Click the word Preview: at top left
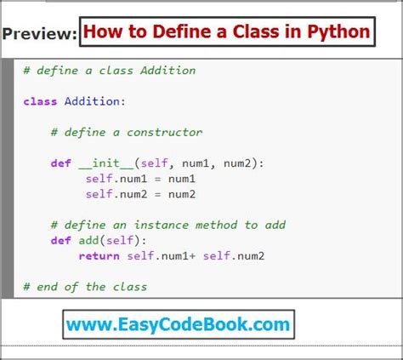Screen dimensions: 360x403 tap(39, 35)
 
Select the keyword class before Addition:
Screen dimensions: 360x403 tap(41, 101)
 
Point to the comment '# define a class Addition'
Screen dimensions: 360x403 tap(110, 71)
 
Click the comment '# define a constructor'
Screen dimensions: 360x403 tap(127, 132)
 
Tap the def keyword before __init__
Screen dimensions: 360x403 tap(60, 163)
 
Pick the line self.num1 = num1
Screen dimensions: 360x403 tap(140, 179)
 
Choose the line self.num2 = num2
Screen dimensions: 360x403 tap(140, 194)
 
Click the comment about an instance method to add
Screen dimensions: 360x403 tap(167, 225)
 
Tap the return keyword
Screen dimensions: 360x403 tap(99, 255)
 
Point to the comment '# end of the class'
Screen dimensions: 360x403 tap(86, 286)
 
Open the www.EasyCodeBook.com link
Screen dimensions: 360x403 tap(177, 324)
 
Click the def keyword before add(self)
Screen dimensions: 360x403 tap(60, 240)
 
